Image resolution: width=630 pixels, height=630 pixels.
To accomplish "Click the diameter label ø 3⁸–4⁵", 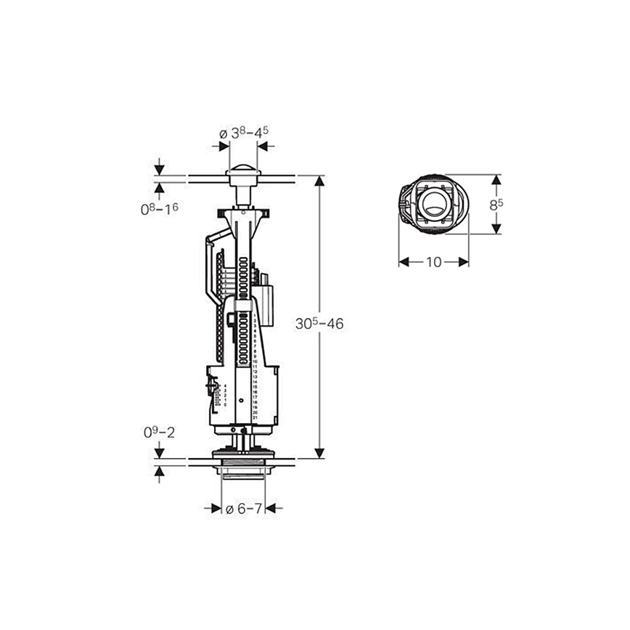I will point(244,133).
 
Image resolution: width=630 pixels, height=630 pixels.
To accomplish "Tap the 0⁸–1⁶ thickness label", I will point(159,209).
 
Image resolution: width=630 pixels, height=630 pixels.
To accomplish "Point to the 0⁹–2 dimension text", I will point(158,433).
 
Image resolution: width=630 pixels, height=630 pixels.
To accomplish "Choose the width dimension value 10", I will point(433,262).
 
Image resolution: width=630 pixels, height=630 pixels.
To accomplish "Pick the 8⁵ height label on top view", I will point(496,205).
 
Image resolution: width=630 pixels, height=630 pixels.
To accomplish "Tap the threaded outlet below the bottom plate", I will point(243,473).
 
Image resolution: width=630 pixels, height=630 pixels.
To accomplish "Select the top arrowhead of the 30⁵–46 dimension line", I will point(319,181).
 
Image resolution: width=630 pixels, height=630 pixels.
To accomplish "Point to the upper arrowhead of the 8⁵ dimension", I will point(496,180).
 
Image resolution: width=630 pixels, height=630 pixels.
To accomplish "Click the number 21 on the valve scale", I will point(255,418).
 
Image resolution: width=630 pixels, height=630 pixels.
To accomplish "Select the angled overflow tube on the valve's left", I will point(210,269).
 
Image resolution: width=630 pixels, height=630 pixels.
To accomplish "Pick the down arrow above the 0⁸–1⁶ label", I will point(160,170).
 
